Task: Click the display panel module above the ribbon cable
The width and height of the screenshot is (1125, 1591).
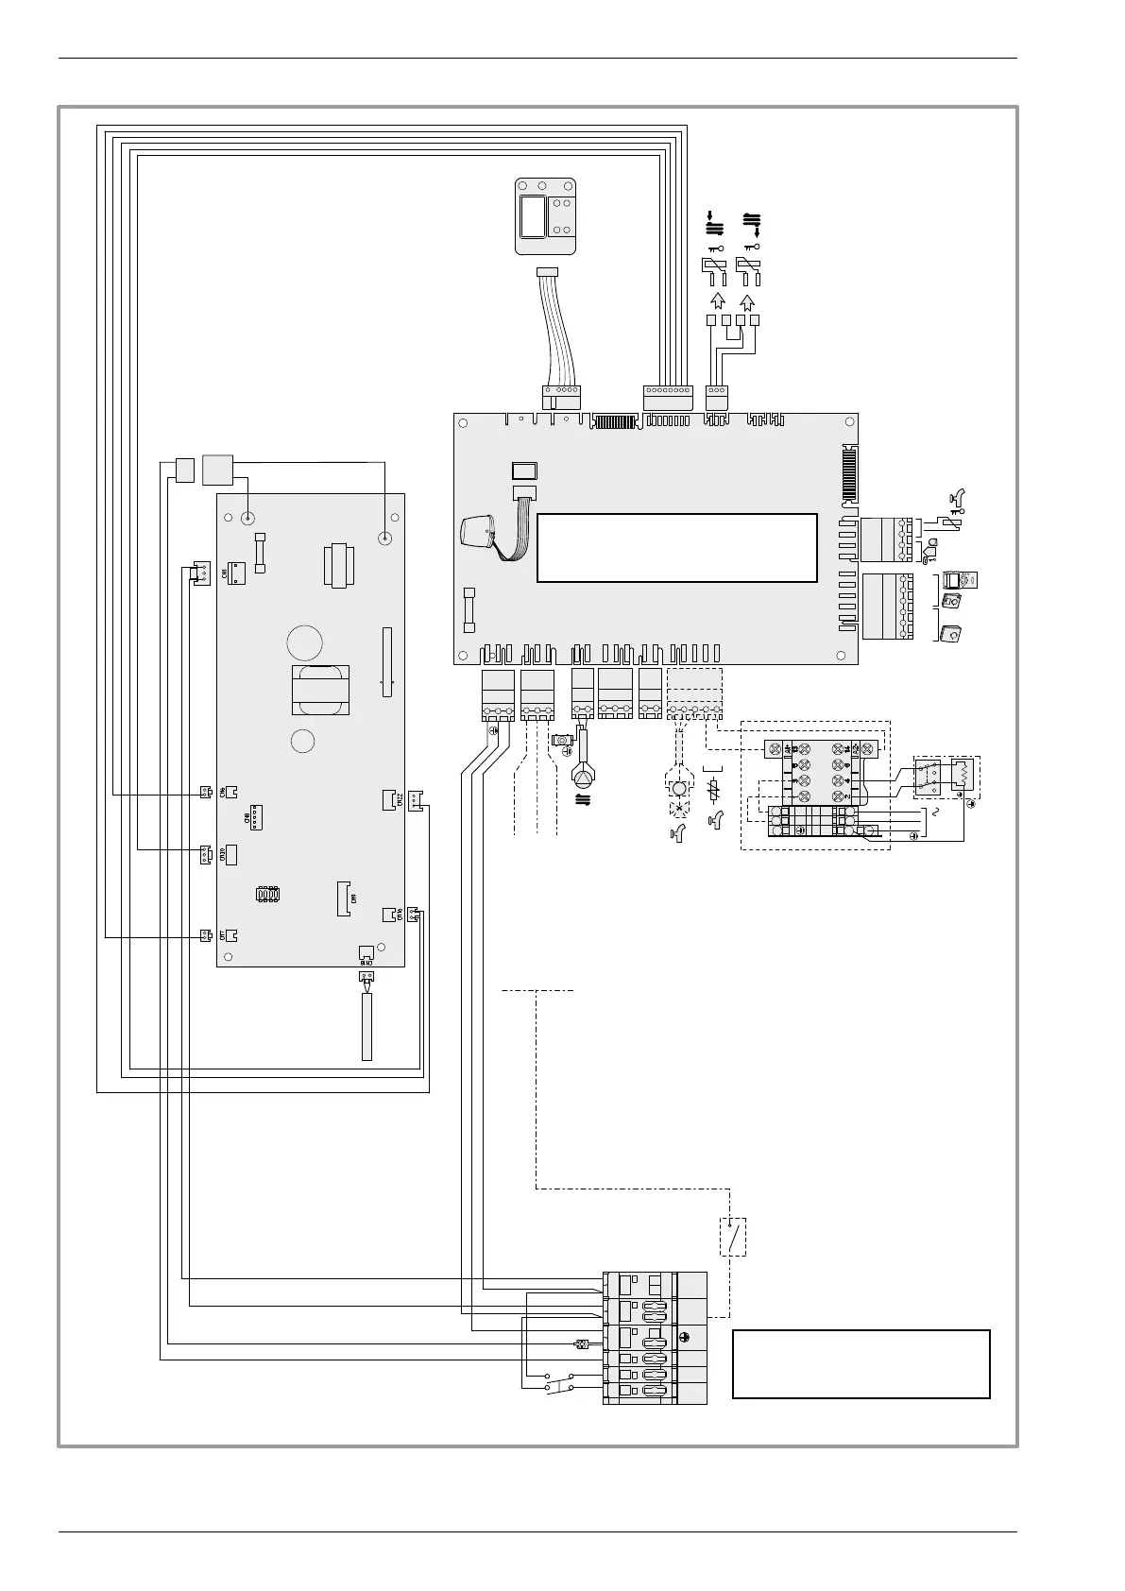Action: [546, 216]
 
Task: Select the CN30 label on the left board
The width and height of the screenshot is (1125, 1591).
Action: [223, 855]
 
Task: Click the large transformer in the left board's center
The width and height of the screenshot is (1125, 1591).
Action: [320, 691]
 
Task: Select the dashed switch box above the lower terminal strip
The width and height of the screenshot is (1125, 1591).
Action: [733, 1236]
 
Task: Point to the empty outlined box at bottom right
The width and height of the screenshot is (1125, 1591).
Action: [861, 1363]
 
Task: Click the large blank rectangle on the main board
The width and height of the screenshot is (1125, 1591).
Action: [676, 548]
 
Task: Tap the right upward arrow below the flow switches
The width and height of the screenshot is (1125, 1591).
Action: [748, 302]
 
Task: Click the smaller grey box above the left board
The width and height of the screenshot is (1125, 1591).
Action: [184, 469]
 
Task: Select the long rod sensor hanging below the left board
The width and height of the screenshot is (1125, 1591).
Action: [366, 1026]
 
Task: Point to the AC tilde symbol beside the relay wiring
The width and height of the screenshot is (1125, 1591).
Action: [936, 813]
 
